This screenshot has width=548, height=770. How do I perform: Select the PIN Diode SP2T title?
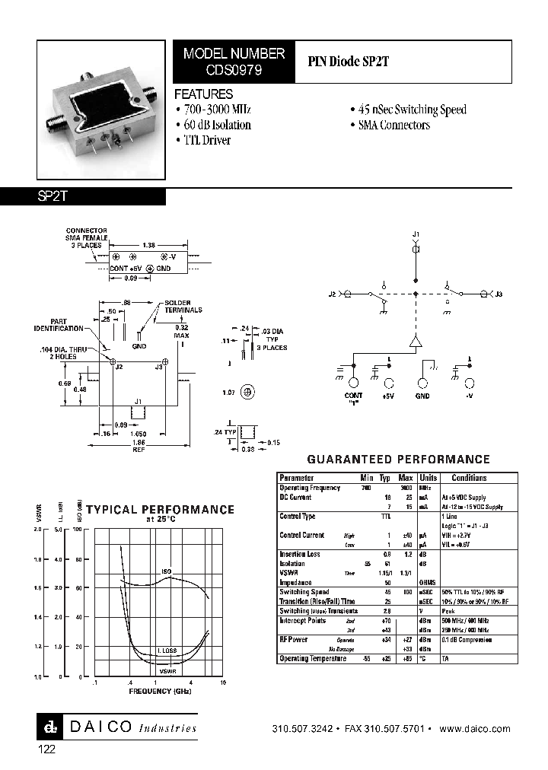348,62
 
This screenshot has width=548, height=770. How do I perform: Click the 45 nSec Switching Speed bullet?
412,110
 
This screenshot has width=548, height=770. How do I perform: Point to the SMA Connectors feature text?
393,125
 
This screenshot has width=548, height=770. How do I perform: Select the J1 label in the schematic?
416,234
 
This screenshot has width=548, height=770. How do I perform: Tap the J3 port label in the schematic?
499,294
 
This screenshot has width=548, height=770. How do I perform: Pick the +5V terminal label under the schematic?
388,396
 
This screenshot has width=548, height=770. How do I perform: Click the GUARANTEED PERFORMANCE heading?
398,460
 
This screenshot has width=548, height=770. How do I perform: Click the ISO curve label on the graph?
166,571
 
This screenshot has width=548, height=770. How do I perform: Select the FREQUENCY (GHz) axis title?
159,692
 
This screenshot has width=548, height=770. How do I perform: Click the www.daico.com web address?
475,729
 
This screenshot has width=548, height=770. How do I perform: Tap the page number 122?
47,749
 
